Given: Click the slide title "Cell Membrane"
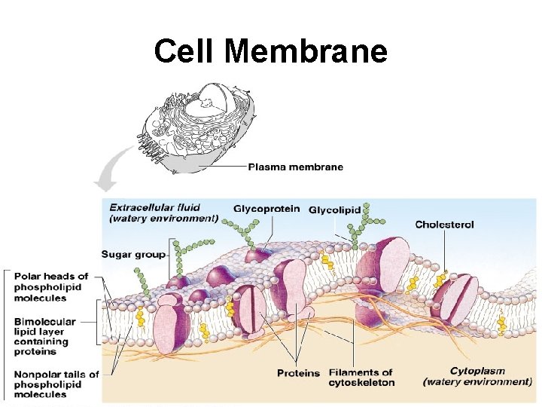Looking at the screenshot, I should [270, 52].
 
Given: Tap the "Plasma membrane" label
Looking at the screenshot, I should [295, 167].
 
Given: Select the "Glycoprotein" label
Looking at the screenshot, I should [266, 209].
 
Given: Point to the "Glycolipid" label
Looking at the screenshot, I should [334, 209].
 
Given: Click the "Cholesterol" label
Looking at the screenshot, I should [444, 224].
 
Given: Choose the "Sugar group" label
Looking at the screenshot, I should [132, 254].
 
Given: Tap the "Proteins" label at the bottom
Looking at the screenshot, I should [298, 373].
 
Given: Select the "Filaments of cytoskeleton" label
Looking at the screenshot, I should [361, 377].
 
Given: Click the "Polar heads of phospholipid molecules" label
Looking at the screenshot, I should [51, 287].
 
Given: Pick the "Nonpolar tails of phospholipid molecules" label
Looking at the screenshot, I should [56, 384].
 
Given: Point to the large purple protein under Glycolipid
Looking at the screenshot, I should [384, 268].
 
